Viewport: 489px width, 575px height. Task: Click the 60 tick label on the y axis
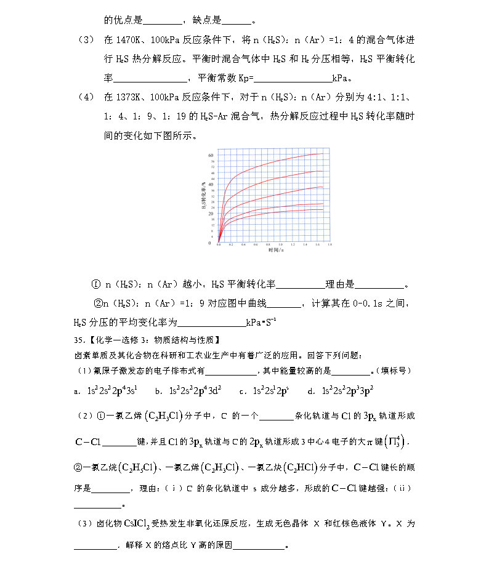211,155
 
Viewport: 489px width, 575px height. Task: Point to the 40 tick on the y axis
211,184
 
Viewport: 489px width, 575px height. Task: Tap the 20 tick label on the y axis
211,214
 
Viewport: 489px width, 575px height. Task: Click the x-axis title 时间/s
276,251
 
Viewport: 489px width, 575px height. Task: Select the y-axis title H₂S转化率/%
203,197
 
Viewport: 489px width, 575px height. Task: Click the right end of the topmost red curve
323,153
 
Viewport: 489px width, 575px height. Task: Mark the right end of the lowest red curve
323,209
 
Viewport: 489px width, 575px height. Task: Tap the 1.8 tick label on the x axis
329,245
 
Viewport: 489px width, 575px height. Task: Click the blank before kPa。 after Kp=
293,78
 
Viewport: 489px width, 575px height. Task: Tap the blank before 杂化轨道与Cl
280,416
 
